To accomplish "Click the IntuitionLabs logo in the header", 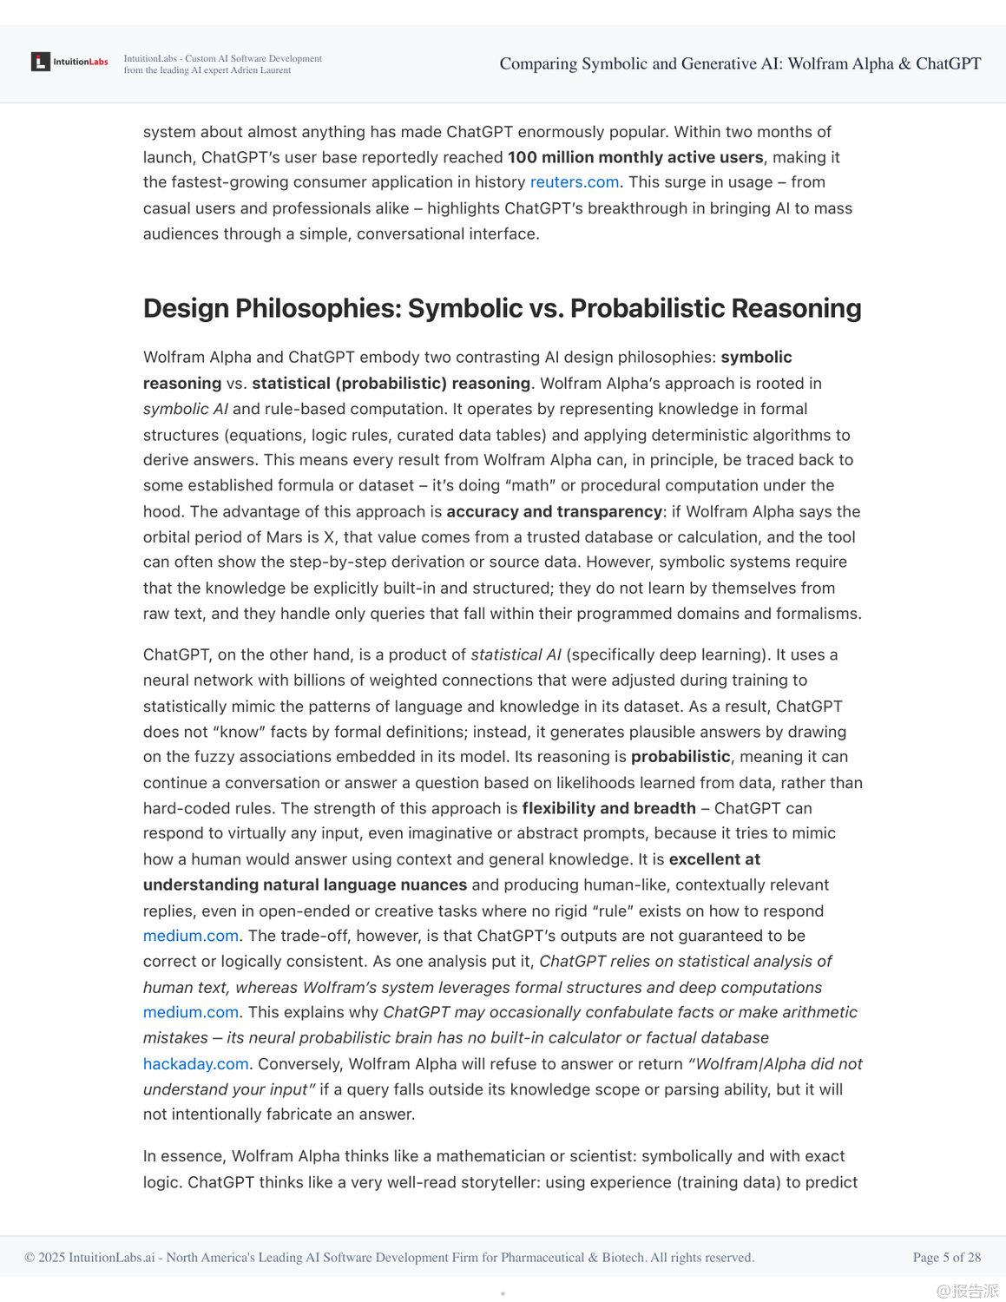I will point(69,62).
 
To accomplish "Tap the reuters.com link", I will point(574,182).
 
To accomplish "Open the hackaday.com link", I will point(195,1064).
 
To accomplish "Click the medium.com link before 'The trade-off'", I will point(190,936).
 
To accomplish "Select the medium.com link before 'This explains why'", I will point(190,1012).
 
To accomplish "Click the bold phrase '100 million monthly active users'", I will point(635,157).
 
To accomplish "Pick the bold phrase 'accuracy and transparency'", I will point(554,511).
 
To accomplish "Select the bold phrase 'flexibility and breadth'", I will point(608,808).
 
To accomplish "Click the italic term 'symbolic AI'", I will point(185,409).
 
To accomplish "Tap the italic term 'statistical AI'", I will point(516,654).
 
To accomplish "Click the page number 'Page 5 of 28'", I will point(946,1257).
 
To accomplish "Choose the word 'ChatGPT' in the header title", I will point(948,63).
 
